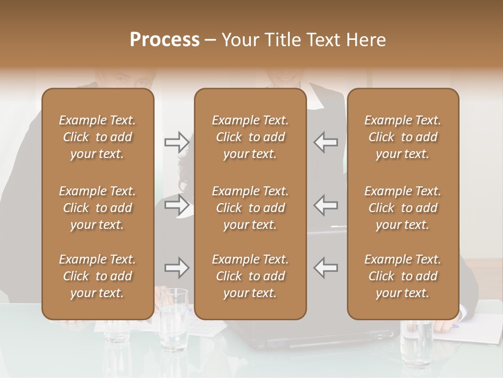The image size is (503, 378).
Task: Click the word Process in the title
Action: pos(165,40)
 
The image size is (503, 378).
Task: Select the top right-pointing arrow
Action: pos(177,142)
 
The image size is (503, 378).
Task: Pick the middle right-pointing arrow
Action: pos(177,205)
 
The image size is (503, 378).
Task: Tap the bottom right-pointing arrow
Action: pos(177,268)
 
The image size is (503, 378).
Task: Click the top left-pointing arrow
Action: pos(326,142)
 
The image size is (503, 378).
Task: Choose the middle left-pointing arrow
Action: pos(326,205)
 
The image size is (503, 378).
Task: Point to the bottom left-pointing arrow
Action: pos(326,268)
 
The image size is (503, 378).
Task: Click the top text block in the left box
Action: pos(97,137)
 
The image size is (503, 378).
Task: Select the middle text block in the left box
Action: pos(97,208)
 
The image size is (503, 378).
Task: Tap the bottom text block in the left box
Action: pos(97,276)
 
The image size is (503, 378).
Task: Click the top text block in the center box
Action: pos(250,137)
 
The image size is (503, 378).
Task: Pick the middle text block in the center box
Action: pos(250,208)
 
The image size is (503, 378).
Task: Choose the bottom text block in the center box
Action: pos(250,276)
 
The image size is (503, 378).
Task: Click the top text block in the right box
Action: pos(402,137)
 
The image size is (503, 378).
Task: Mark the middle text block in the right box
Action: pos(402,208)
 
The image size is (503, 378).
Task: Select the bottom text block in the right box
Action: pos(402,276)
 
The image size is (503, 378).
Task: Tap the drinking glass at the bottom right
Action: pos(416,336)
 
